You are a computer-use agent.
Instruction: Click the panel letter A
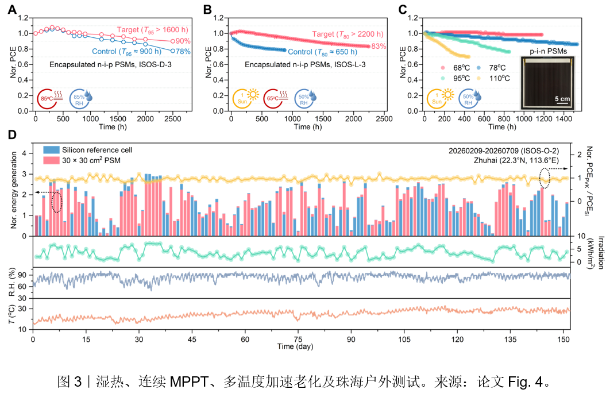pos(13,9)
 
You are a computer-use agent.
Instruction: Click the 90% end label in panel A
pos(183,41)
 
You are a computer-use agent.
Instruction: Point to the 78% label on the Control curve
pos(183,51)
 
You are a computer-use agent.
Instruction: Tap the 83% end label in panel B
pos(379,46)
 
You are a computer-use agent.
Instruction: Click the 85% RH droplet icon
pos(80,99)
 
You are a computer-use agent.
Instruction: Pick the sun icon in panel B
pos(245,98)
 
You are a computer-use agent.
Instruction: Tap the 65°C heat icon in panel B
pos(276,98)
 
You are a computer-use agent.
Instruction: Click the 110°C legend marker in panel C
pos(478,79)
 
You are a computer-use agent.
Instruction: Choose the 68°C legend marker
pos(443,68)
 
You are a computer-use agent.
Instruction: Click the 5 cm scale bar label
pos(562,99)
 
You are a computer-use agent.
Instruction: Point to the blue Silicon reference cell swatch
pos(51,150)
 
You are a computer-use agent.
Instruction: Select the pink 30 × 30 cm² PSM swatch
pos(51,160)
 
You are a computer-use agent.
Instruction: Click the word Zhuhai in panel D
pos(485,160)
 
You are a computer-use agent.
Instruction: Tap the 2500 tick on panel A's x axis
pos(173,119)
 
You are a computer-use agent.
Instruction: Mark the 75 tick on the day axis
pos(298,339)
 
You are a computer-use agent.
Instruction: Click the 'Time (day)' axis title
pos(295,346)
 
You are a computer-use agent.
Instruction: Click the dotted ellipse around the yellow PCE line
pos(545,178)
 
